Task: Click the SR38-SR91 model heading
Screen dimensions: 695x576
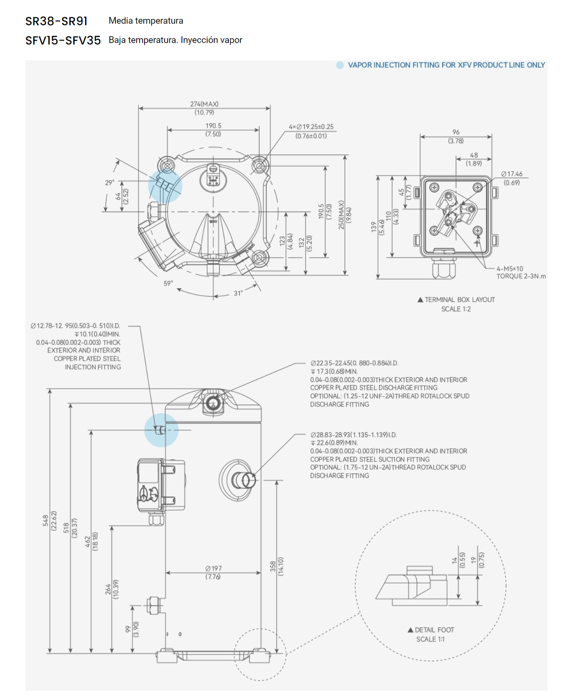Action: [56, 21]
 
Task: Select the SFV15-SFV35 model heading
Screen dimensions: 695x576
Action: [63, 41]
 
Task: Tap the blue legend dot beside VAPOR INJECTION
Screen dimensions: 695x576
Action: [340, 65]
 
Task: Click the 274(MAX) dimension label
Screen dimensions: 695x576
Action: [204, 104]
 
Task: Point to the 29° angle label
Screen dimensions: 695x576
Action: [109, 183]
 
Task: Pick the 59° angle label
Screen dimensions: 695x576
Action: [168, 283]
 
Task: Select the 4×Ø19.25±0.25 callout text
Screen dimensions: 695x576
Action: [311, 127]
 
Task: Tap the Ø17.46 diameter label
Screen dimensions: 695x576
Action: [512, 174]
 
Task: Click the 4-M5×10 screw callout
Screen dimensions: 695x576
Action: [510, 269]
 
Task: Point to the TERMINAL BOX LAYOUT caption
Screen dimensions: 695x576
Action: [459, 300]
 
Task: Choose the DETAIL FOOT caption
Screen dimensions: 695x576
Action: [434, 630]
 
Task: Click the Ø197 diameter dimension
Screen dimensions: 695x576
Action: [213, 568]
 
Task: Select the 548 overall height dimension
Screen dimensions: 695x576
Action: [46, 520]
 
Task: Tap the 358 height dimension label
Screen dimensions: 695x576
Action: [273, 566]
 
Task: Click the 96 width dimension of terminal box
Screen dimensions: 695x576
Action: [456, 132]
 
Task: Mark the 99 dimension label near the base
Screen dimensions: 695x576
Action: [128, 629]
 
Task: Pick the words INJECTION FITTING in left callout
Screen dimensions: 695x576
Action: [93, 367]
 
